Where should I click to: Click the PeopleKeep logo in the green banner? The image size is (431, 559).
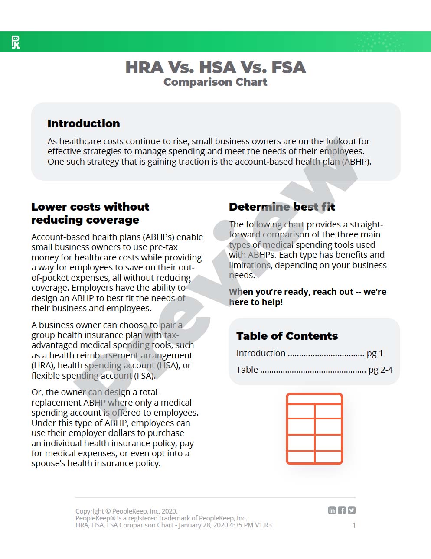pyautogui.click(x=16, y=42)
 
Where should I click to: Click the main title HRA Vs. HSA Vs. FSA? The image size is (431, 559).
pyautogui.click(x=215, y=67)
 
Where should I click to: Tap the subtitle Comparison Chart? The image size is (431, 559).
pyautogui.click(x=215, y=82)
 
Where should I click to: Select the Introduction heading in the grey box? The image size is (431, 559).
pyautogui.click(x=84, y=123)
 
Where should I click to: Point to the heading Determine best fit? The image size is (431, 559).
pyautogui.click(x=282, y=207)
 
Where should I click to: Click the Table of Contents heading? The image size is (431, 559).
pyautogui.click(x=287, y=336)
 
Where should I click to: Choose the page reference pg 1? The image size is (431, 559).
pyautogui.click(x=375, y=354)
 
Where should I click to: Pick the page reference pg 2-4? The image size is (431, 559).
pyautogui.click(x=380, y=370)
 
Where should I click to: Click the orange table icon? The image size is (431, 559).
pyautogui.click(x=314, y=429)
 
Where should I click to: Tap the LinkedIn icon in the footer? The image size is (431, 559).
pyautogui.click(x=332, y=510)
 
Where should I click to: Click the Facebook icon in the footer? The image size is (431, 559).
pyautogui.click(x=342, y=510)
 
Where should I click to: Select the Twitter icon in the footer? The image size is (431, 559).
pyautogui.click(x=352, y=510)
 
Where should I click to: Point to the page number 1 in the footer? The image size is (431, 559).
pyautogui.click(x=354, y=525)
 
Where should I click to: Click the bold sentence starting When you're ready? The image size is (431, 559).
pyautogui.click(x=307, y=297)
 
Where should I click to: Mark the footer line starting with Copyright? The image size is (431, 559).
pyautogui.click(x=126, y=511)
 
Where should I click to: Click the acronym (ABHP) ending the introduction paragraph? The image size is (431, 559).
pyautogui.click(x=356, y=162)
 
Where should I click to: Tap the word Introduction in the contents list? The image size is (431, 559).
pyautogui.click(x=261, y=353)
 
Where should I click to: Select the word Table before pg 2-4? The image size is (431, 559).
pyautogui.click(x=247, y=370)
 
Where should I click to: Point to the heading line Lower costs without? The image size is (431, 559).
pyautogui.click(x=90, y=207)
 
